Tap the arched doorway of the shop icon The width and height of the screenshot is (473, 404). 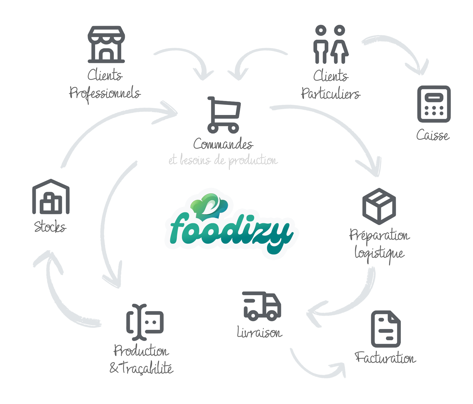[x=106, y=55]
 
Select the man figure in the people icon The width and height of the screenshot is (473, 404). [x=321, y=45]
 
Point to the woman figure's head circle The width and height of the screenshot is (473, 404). [x=339, y=30]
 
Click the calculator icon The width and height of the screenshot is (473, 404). [x=434, y=104]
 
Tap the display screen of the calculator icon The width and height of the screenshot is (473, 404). [x=434, y=98]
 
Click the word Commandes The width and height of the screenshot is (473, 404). [x=223, y=144]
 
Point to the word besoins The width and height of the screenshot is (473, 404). [x=195, y=160]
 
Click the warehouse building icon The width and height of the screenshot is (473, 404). [x=51, y=197]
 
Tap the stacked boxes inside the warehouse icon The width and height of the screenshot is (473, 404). [x=51, y=203]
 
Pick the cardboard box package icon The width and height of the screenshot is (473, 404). [x=379, y=206]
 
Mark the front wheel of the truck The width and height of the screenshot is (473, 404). [x=271, y=316]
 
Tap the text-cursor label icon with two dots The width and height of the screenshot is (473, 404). [x=145, y=322]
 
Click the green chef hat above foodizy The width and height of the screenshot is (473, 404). [x=209, y=204]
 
